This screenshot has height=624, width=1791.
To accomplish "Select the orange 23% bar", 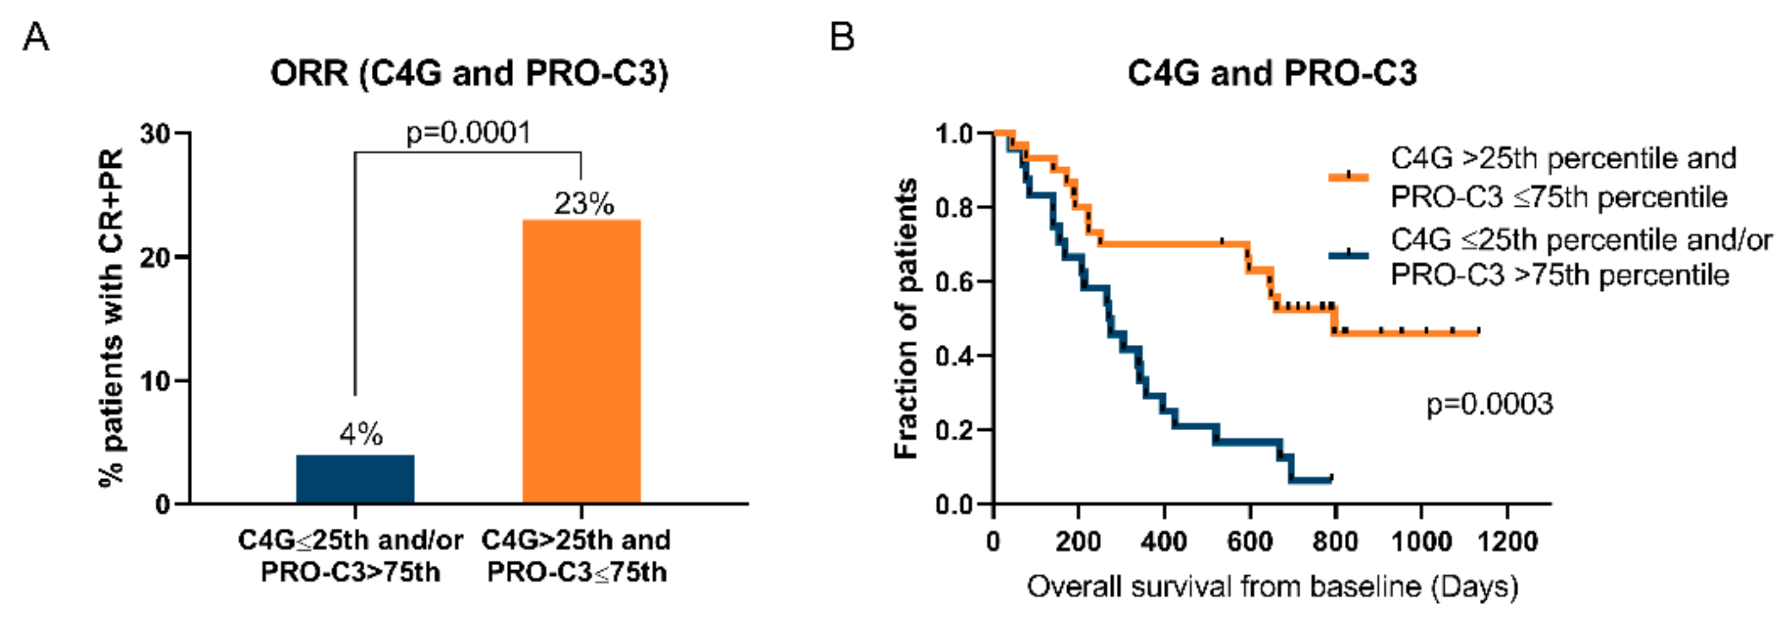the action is coord(581,362).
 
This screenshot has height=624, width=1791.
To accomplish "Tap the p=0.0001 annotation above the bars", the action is coord(468,132).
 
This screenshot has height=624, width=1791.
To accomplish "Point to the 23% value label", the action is coord(584,204).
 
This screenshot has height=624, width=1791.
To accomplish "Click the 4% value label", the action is coord(361,435).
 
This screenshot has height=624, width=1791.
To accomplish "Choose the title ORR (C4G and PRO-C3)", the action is coord(469,73).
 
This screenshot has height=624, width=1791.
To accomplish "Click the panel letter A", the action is coord(36,36).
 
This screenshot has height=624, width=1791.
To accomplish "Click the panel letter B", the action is coord(842,36).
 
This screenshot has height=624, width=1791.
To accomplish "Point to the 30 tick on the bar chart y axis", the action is coord(155,134).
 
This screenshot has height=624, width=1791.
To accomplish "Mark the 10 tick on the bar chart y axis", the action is coord(155,381).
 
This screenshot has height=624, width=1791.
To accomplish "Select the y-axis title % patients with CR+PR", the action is coord(112,318).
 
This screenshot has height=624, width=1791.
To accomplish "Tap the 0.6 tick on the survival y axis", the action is coord(954,282).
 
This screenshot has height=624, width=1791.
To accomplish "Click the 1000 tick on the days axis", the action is coord(1421,540).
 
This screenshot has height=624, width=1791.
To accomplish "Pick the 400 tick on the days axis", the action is coord(1164,540).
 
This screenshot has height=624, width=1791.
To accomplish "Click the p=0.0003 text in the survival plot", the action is coord(1489,404).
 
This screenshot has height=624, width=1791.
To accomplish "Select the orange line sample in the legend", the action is coord(1349,177).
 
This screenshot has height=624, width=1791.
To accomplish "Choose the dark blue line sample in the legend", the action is coord(1349,255).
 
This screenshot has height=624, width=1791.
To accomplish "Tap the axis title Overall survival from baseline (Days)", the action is coord(1272,587).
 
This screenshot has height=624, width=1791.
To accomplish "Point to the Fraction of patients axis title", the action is coord(906,318).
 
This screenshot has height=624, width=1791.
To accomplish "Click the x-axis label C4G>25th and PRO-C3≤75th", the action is coord(576,556).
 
